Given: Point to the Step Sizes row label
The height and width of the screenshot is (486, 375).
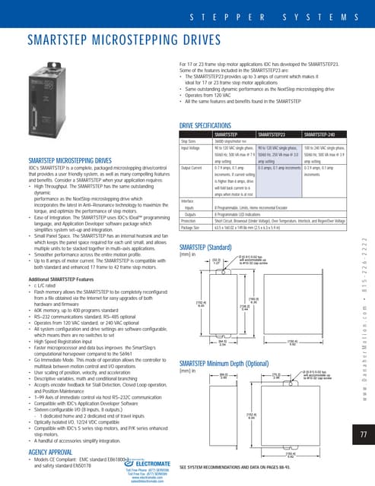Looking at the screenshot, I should click(x=190, y=140).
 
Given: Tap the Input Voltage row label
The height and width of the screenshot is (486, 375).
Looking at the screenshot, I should click(x=192, y=147).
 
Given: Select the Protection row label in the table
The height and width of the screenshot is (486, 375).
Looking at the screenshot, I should click(x=190, y=212).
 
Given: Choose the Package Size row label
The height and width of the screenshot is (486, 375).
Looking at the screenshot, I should click(x=192, y=219).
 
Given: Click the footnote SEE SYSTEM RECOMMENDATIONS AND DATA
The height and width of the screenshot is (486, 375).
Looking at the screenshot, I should click(x=240, y=465).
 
